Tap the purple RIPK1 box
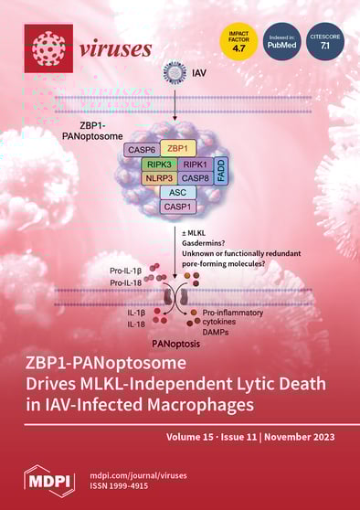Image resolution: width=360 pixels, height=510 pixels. pos(194,163)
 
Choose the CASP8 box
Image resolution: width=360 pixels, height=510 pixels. pos(194,177)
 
